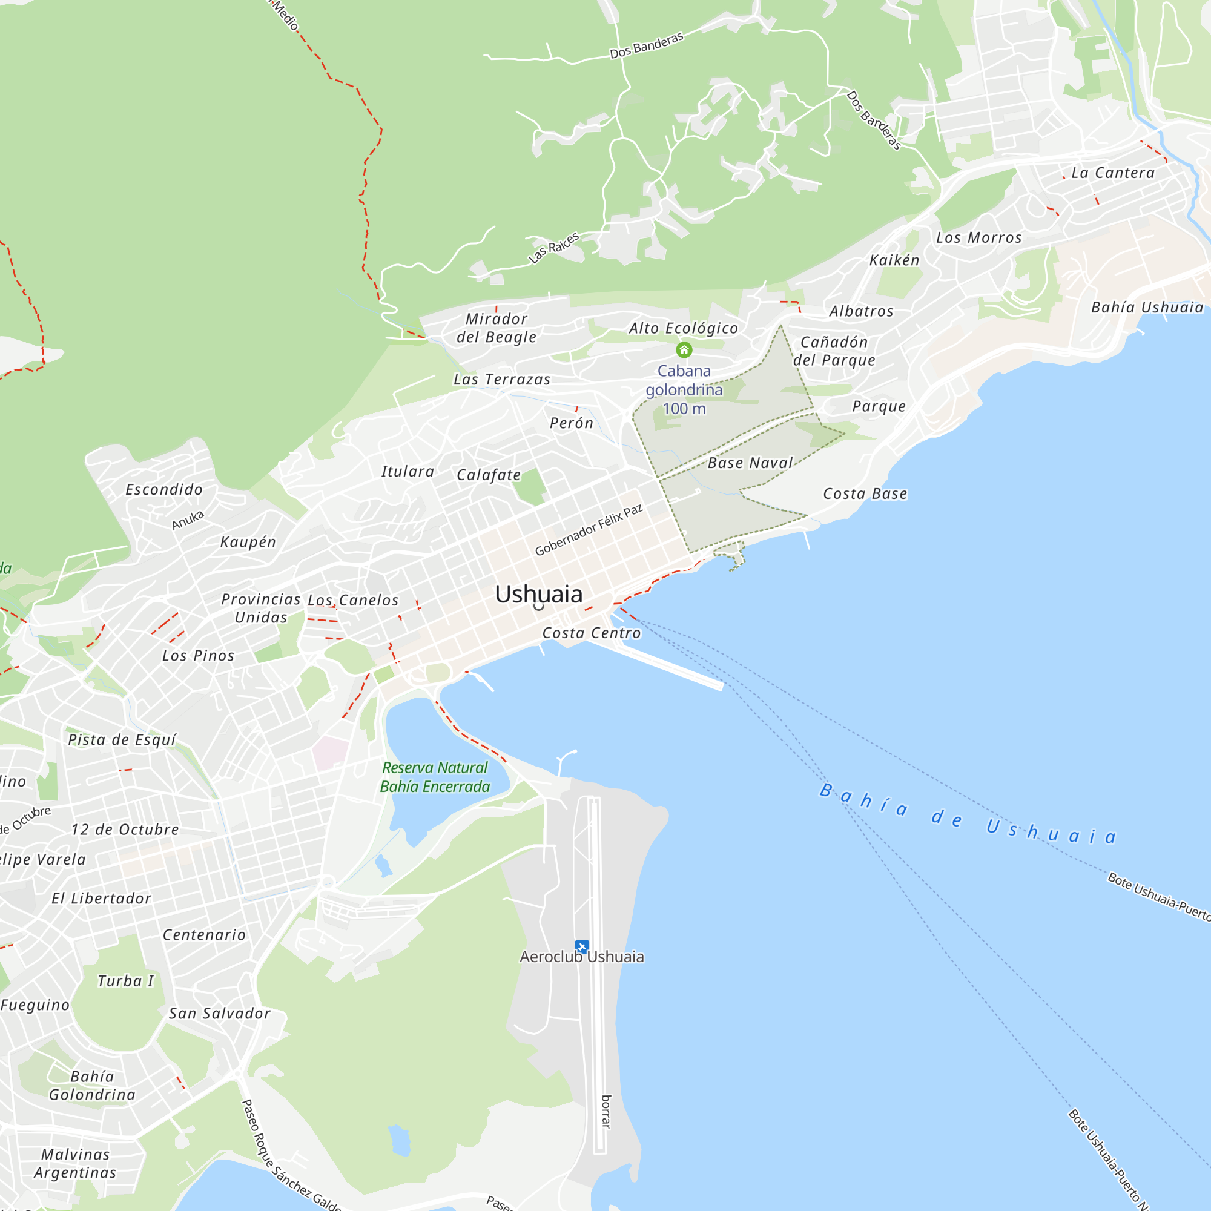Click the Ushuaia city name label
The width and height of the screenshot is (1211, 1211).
pos(538,593)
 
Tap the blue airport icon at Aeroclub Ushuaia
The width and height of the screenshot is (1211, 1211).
pos(582,946)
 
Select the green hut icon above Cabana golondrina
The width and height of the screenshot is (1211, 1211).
pos(684,350)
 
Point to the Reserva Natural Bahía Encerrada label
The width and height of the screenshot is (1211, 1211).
pos(435,777)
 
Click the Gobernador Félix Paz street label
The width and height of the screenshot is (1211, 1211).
pos(589,530)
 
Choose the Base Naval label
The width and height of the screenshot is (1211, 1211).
pos(750,463)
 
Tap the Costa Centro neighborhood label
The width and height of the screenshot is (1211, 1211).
pos(592,633)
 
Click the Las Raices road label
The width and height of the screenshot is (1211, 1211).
pos(553,248)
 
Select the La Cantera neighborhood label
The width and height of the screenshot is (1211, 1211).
pos(1112,173)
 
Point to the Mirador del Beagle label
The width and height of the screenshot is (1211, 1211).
pos(497,328)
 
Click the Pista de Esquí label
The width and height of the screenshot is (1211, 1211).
pos(122,740)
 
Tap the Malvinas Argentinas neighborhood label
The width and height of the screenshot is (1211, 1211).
pos(75,1163)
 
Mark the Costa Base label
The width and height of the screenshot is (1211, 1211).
pos(865,494)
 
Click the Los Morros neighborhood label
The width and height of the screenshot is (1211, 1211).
pos(978,237)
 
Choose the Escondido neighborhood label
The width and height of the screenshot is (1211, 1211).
pos(164,489)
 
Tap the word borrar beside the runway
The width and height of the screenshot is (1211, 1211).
pos(606,1111)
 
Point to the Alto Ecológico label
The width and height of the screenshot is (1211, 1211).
pos(683,328)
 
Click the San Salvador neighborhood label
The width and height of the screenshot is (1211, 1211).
pos(219,1014)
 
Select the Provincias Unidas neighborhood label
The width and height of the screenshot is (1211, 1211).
pos(261,608)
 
